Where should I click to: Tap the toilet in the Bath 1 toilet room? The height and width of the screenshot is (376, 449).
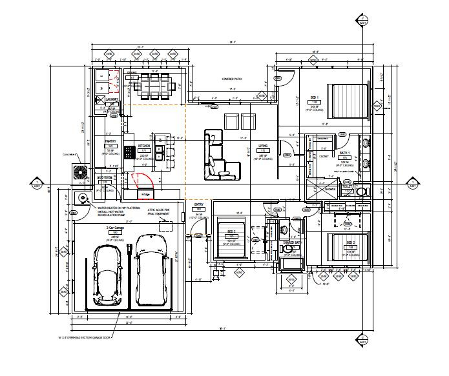(360, 192)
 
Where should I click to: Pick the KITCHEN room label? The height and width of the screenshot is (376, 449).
(144, 146)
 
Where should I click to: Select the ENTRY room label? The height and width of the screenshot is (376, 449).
(199, 206)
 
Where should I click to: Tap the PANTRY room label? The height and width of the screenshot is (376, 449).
(110, 141)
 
